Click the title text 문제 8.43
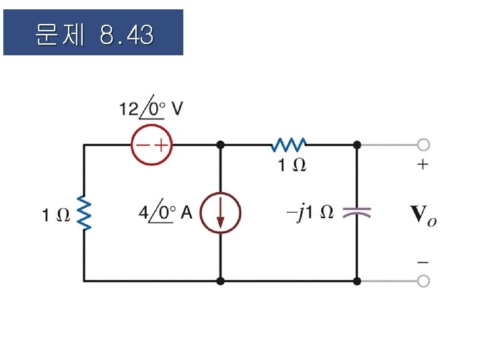point(93,34)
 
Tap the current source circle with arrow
point(220,213)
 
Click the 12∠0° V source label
point(151,107)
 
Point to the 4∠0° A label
point(165,213)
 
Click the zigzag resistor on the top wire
point(288,144)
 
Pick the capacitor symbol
point(357,213)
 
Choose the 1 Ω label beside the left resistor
point(55,215)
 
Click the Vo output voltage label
point(423,214)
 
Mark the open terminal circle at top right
point(423,144)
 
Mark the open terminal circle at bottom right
point(423,281)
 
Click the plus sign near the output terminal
point(423,165)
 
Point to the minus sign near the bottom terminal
point(423,261)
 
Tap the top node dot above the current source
point(220,144)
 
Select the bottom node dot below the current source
point(220,281)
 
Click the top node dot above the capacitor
point(357,144)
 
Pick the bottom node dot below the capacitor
point(357,281)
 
